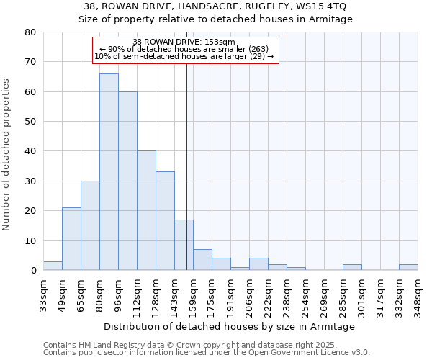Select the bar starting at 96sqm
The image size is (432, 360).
click(x=127, y=181)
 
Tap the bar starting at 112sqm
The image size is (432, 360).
click(x=146, y=210)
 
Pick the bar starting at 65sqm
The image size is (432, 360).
click(x=90, y=225)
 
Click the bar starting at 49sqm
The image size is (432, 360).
click(x=71, y=238)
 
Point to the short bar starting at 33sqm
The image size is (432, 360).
click(x=53, y=266)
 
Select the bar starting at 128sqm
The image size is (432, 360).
click(x=165, y=220)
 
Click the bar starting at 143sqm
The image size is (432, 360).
click(x=184, y=245)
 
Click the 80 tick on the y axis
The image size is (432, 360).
click(x=30, y=32)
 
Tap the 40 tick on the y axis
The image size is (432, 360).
click(x=30, y=151)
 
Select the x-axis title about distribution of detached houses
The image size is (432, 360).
click(x=230, y=327)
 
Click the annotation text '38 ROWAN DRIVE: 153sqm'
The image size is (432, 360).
click(x=184, y=42)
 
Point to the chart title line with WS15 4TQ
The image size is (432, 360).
click(x=215, y=6)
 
